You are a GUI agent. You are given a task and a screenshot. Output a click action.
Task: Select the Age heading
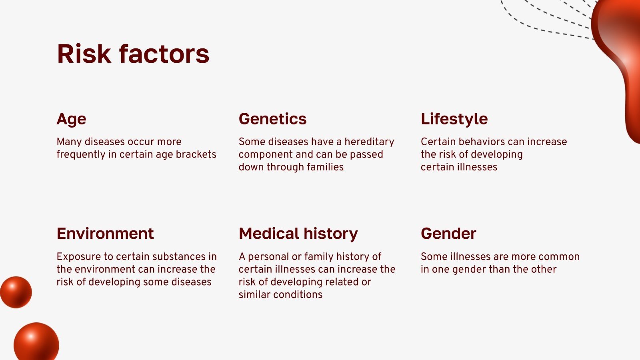coord(71,119)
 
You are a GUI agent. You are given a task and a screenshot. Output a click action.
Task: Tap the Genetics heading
coord(272,119)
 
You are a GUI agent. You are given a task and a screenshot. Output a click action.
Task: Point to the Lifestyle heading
coord(454,119)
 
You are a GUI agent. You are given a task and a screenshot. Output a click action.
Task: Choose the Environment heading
coord(105,234)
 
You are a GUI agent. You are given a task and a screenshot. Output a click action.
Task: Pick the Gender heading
coord(448,234)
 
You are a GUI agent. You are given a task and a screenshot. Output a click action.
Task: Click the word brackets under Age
coord(196,154)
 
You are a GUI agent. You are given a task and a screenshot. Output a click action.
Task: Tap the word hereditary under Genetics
coord(369,142)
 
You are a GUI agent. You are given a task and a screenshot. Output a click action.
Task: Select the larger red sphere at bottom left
coord(36,343)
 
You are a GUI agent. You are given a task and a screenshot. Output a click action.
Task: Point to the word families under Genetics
coord(325,167)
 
